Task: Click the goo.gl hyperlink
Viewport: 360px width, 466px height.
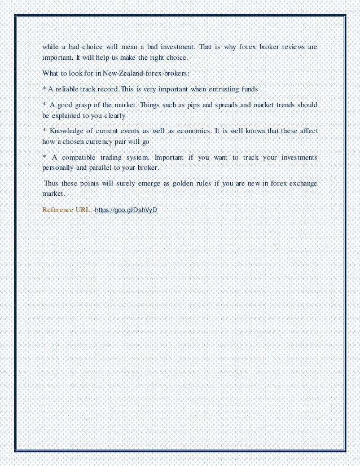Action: [x=126, y=210]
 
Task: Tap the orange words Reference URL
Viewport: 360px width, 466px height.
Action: [x=67, y=210]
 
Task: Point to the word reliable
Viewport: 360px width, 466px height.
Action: [x=68, y=89]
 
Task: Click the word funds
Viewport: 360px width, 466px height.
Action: [x=249, y=89]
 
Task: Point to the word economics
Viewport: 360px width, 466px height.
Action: [x=194, y=131]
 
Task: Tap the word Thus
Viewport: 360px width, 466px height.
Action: [x=51, y=184]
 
